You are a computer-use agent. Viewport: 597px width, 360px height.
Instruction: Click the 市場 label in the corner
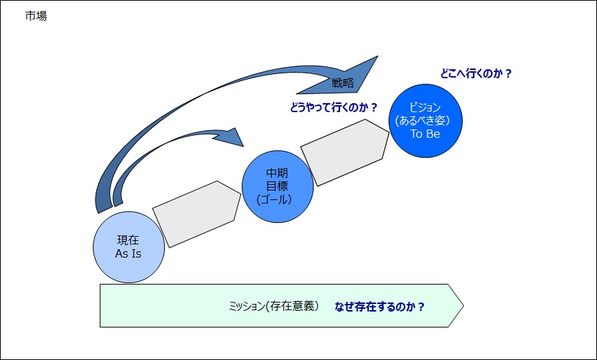36,16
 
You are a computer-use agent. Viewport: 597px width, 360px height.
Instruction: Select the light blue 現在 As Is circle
129,247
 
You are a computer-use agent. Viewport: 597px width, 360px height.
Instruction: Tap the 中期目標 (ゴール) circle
278,186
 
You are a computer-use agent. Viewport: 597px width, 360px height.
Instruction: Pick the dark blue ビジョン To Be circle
425,120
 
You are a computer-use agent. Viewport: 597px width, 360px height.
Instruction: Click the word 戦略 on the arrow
343,83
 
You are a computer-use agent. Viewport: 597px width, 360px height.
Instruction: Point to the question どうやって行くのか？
334,108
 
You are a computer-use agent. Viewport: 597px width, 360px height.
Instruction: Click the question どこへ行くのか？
476,73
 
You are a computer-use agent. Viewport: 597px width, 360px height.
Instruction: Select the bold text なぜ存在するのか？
380,306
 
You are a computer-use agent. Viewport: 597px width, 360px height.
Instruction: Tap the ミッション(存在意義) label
274,306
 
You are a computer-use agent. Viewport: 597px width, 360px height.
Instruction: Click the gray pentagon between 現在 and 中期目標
197,214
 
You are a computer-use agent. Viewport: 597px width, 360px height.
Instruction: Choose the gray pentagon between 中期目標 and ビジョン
345,152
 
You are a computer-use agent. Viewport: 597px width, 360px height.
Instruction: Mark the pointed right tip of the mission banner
463,305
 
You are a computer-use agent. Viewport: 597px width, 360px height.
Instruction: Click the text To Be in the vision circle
425,134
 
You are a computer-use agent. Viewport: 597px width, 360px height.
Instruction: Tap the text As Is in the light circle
128,254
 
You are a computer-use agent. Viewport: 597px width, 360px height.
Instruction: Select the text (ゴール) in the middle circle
274,199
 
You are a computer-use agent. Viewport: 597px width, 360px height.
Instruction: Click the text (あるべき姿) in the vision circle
422,120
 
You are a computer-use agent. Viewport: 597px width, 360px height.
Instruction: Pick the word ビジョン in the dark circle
425,107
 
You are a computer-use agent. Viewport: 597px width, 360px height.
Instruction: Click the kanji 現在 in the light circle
128,240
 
